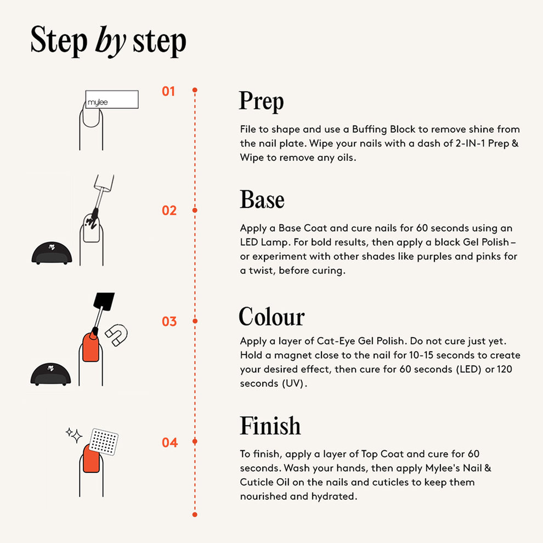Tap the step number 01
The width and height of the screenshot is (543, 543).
[168, 92]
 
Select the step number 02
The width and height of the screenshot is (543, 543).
[169, 211]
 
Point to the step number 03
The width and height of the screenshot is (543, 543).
[169, 321]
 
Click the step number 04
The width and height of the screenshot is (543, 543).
[169, 443]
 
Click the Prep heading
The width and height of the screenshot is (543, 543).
[262, 101]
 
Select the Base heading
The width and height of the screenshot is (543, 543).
[262, 200]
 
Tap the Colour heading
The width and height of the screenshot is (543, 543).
[272, 316]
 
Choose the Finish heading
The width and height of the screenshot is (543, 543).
[270, 426]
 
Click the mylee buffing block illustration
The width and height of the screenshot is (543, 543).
[112, 99]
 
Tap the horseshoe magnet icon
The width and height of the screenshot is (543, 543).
[117, 335]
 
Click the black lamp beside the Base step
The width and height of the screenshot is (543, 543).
[52, 253]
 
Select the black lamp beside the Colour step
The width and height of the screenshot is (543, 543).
[50, 374]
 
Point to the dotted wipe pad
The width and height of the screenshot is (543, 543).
[104, 442]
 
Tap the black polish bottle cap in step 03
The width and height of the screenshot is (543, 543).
[104, 301]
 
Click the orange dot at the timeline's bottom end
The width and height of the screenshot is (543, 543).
[195, 514]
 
